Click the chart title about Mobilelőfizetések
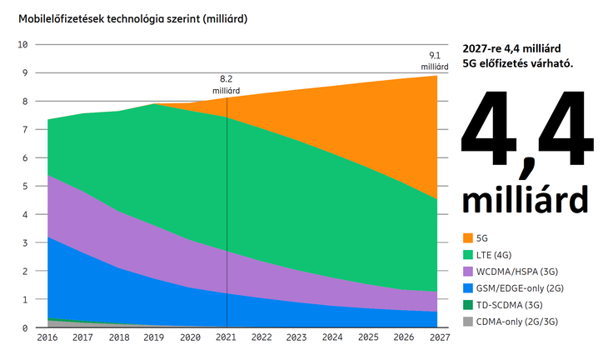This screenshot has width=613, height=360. pos(127,17)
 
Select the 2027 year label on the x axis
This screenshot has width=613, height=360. pos(441,338)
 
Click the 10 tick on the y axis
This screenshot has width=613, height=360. pos(23,44)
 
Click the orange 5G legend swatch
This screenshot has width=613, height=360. pos(466,237)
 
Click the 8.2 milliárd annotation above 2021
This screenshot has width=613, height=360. pos(227,85)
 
